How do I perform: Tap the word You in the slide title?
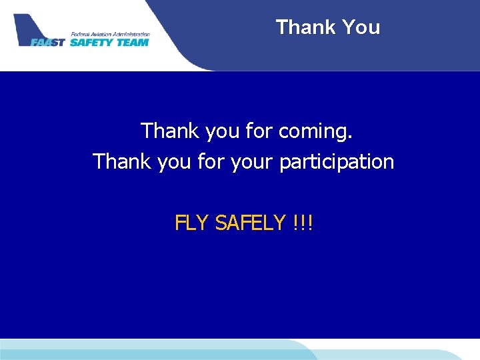point(361,27)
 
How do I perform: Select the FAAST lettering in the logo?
point(48,43)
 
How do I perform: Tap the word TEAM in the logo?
point(132,43)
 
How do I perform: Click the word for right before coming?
point(259,131)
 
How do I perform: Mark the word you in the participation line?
point(175,162)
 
